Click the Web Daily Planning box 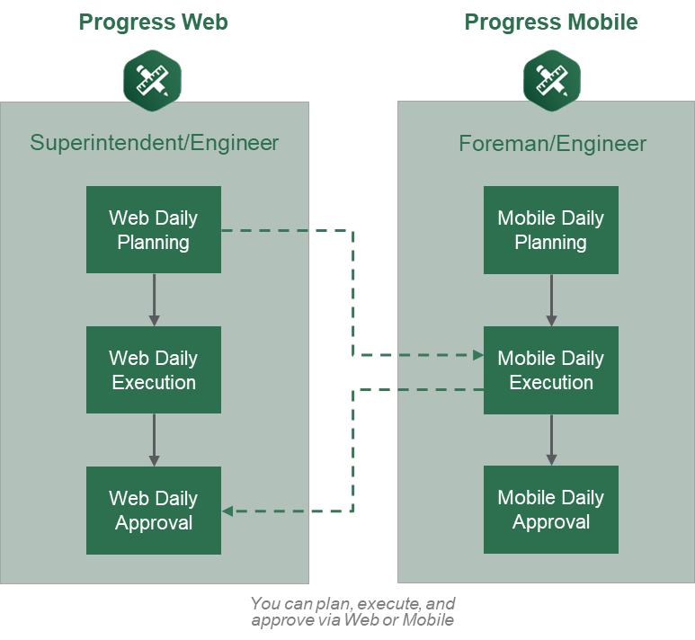click(x=154, y=229)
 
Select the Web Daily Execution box click(x=154, y=369)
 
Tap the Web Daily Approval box click(x=154, y=511)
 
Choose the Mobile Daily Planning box click(x=551, y=230)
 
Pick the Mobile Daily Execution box click(x=551, y=370)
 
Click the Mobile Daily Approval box click(x=551, y=510)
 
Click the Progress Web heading click(x=154, y=22)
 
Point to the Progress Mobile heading click(x=551, y=22)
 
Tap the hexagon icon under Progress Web click(x=153, y=81)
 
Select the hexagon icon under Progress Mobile click(x=552, y=81)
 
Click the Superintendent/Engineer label click(x=155, y=143)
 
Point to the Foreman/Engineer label click(x=552, y=144)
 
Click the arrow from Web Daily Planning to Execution click(x=154, y=300)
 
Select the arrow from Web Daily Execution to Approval click(x=154, y=440)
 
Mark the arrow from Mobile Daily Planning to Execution click(x=551, y=300)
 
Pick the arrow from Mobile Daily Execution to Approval click(x=551, y=440)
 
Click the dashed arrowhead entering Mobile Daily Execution click(x=478, y=355)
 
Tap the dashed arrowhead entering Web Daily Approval click(x=227, y=511)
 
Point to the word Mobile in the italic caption click(x=428, y=620)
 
